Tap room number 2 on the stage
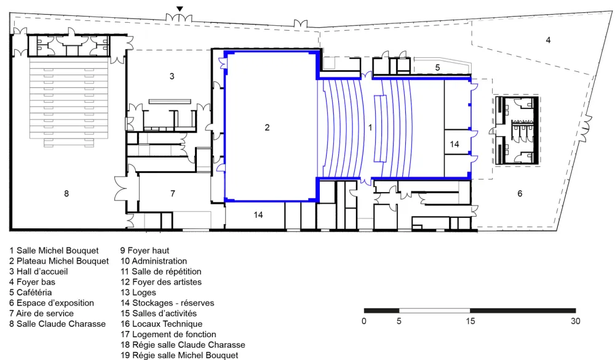[267, 127]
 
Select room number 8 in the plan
[66, 193]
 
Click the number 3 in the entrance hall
[172, 76]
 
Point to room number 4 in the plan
[548, 40]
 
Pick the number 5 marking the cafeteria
[438, 68]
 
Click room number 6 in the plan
[520, 193]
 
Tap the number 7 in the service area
[173, 193]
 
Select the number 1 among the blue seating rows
[370, 127]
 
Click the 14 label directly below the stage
[258, 215]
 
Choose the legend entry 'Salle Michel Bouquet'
[54, 251]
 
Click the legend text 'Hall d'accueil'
[38, 271]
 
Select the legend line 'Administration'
[153, 261]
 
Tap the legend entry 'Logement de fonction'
[168, 334]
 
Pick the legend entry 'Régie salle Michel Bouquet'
[179, 355]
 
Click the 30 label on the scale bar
[574, 321]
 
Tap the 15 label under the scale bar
[470, 321]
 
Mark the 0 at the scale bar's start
[364, 321]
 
